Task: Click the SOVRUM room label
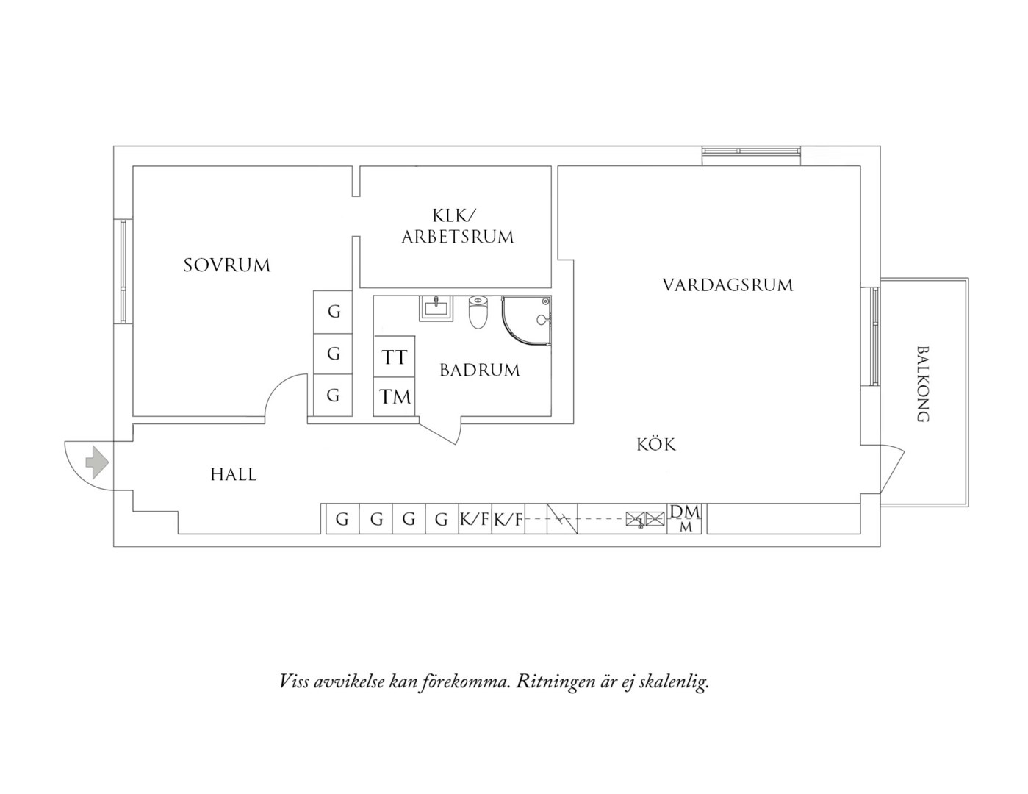(226, 265)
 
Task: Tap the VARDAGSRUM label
(727, 285)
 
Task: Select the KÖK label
(656, 444)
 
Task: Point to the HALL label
(234, 475)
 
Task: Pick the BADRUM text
(480, 370)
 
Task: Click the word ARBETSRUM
(458, 237)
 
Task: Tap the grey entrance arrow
(97, 462)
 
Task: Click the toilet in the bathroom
(478, 312)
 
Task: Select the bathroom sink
(436, 309)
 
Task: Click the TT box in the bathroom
(394, 357)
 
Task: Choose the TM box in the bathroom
(394, 396)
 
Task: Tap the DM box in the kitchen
(686, 518)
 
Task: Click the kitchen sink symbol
(645, 519)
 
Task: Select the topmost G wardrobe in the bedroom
(333, 312)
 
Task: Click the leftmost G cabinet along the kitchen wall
(342, 518)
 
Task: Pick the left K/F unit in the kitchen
(475, 518)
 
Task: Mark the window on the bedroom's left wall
(123, 271)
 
